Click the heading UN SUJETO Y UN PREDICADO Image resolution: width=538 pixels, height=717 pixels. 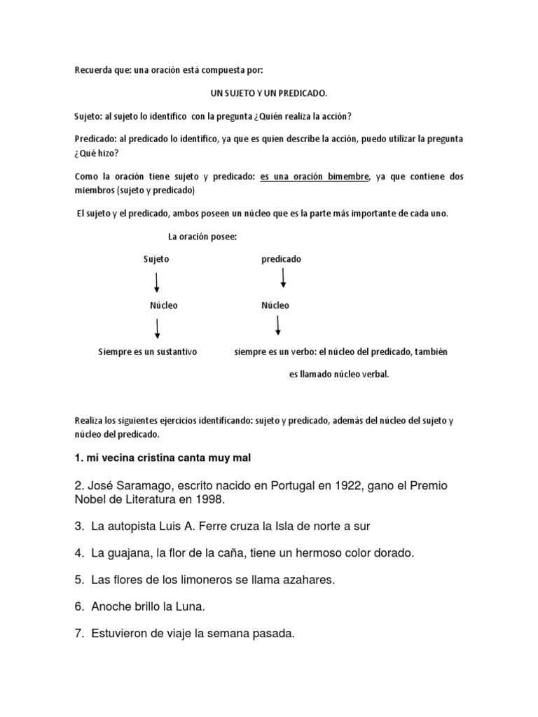[x=269, y=92]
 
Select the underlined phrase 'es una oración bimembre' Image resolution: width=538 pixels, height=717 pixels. [x=314, y=176]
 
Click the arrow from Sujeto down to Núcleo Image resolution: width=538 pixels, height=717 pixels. [x=156, y=282]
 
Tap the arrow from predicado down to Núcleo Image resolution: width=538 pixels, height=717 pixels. [x=283, y=278]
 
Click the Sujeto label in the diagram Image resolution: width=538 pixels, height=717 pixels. [x=156, y=259]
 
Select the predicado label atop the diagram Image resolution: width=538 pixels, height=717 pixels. [x=281, y=259]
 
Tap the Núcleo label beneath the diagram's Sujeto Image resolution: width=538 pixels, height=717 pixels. [x=164, y=305]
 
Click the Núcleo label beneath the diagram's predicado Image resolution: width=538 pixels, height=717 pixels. [x=275, y=305]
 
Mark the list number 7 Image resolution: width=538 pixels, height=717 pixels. [x=78, y=634]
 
